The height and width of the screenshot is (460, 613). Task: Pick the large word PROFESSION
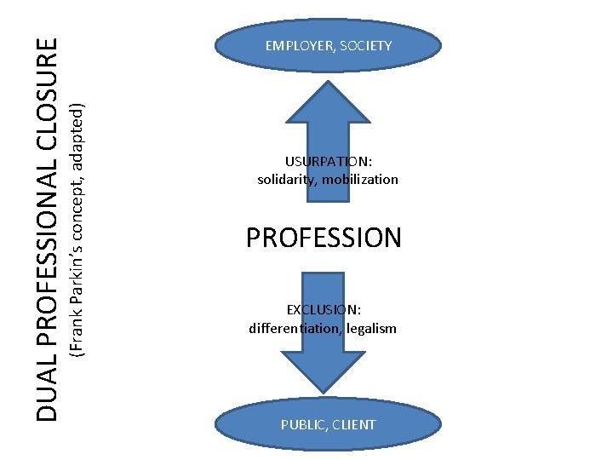(324, 238)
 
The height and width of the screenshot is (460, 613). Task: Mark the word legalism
(370, 328)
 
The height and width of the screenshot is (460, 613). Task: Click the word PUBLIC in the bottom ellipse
(302, 424)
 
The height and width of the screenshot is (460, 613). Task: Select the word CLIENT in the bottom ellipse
(354, 424)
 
